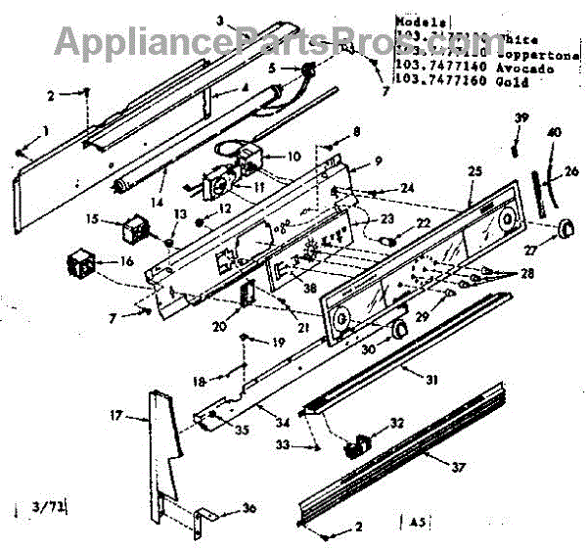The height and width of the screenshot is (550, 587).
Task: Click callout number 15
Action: pyautogui.click(x=91, y=219)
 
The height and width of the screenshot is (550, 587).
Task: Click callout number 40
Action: pyautogui.click(x=555, y=132)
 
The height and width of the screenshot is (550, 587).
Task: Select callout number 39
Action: pyautogui.click(x=522, y=119)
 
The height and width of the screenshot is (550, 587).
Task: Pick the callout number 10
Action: pyautogui.click(x=293, y=157)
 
